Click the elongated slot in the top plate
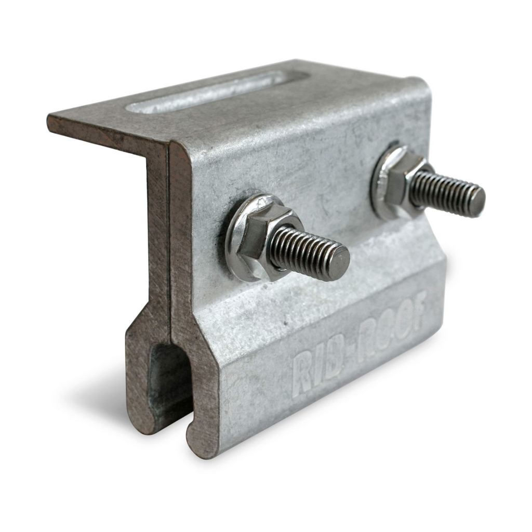click(204, 91)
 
